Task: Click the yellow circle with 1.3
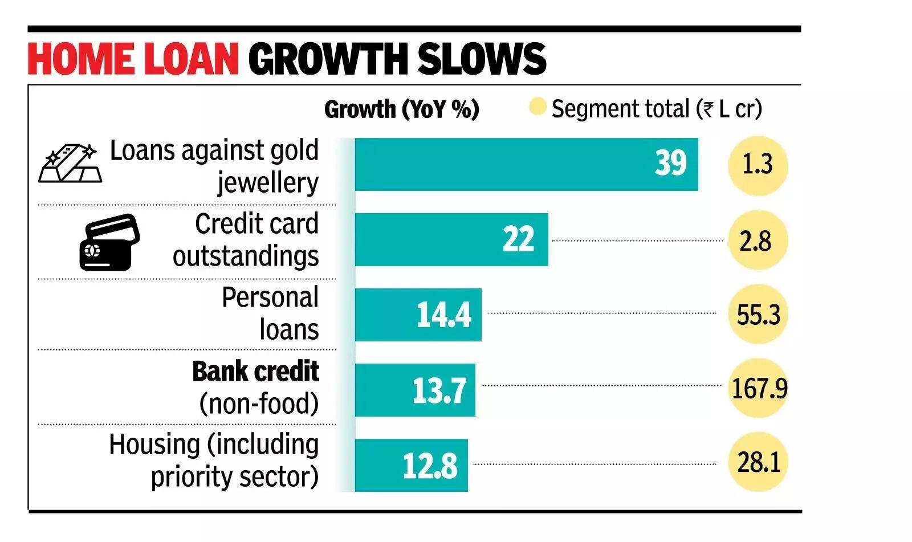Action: [x=758, y=165]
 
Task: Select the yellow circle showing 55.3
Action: [x=758, y=314]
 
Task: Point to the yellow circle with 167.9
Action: [x=759, y=388]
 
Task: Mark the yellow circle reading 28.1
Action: [x=758, y=462]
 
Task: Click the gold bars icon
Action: [x=70, y=164]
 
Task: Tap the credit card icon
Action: [x=109, y=242]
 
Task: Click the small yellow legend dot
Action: [x=537, y=107]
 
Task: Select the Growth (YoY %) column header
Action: [x=401, y=109]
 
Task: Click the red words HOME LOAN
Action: [x=133, y=59]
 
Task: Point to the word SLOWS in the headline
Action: [x=482, y=59]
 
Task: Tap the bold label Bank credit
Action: [x=255, y=372]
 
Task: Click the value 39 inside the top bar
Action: [x=670, y=164]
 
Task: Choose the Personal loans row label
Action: [x=270, y=313]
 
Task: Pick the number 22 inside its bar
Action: [x=518, y=239]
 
